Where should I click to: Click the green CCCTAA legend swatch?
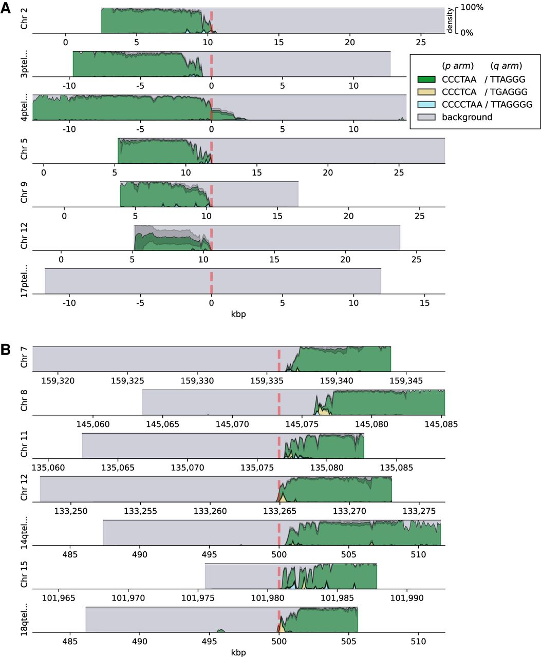click(x=426, y=79)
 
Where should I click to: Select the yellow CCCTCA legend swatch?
click(x=426, y=92)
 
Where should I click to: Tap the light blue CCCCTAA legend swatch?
click(x=426, y=104)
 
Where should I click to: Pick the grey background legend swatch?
click(x=426, y=117)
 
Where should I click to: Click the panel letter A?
click(x=6, y=8)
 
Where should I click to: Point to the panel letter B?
click(x=6, y=350)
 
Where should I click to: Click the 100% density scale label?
click(x=472, y=7)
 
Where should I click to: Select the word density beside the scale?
click(x=450, y=21)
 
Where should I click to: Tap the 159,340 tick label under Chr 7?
click(x=337, y=381)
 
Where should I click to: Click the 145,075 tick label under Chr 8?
click(x=302, y=424)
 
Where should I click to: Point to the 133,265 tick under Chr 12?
click(x=279, y=511)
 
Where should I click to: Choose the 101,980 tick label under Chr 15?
click(x=268, y=598)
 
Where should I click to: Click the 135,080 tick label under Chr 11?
click(x=327, y=468)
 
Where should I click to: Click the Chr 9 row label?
click(x=24, y=192)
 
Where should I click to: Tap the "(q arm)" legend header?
click(x=506, y=66)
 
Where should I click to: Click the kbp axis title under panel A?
click(x=238, y=314)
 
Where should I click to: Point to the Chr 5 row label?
click(x=24, y=149)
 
